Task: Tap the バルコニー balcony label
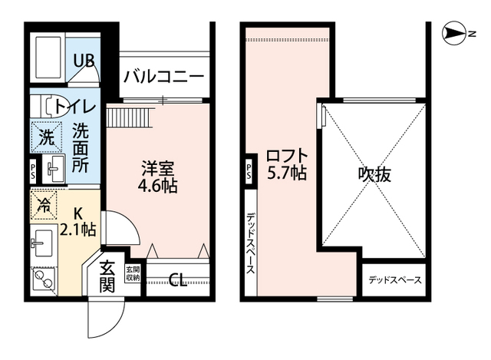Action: (163, 77)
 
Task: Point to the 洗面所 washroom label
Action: (81, 147)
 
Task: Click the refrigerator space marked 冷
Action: (45, 204)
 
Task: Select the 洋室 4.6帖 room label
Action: (158, 176)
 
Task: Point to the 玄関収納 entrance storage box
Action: (133, 274)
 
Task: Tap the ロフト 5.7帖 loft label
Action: (286, 163)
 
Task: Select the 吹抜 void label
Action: (374, 174)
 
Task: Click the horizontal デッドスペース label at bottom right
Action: (394, 280)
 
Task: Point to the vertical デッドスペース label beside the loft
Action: (250, 245)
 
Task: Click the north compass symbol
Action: (459, 34)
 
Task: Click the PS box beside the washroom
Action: (32, 169)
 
